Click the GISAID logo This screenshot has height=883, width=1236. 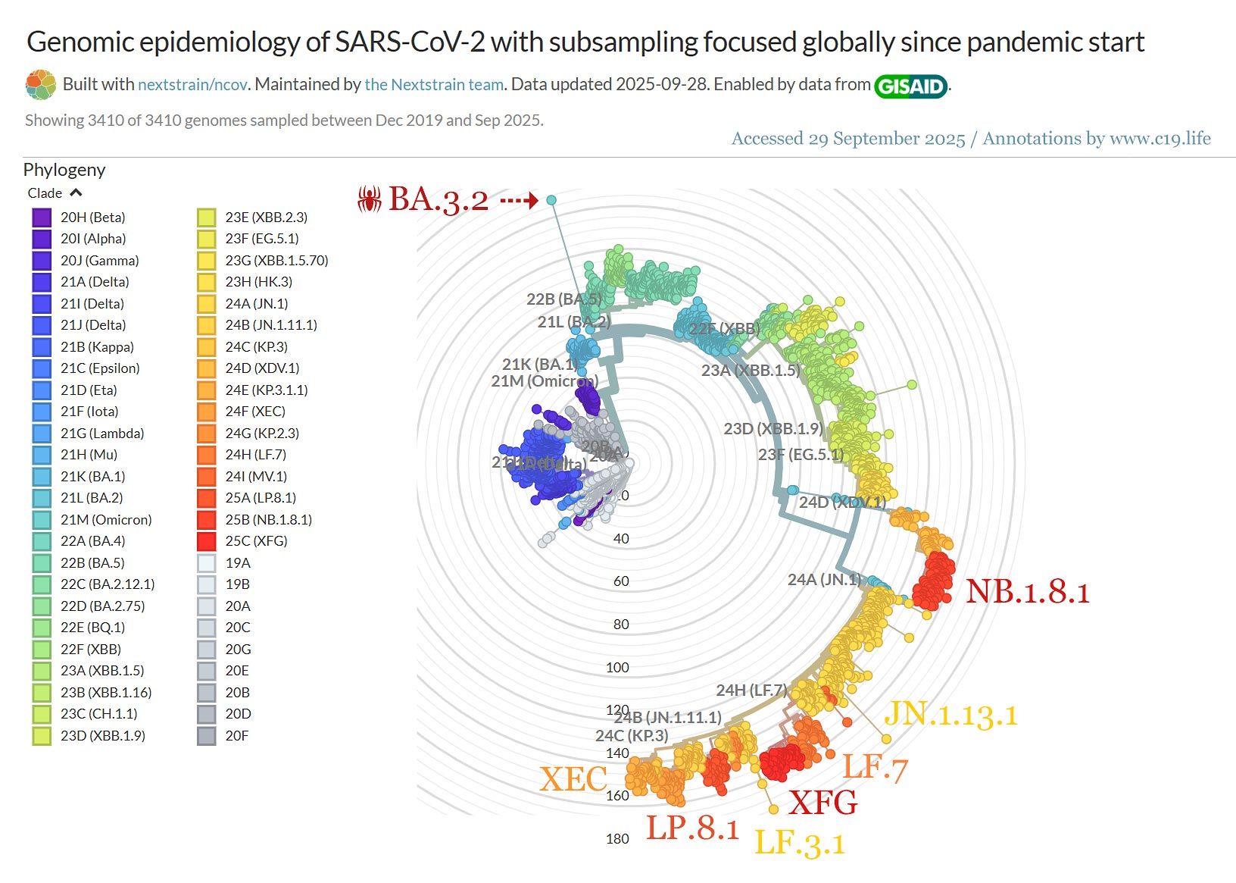point(911,86)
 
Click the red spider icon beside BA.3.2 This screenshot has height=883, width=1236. point(370,199)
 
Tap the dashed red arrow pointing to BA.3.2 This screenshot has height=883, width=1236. point(519,200)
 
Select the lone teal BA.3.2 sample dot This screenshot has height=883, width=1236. point(551,199)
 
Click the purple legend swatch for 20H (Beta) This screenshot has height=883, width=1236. point(42,218)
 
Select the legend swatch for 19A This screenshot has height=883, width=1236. point(206,563)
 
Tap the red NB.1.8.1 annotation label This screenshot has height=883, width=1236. point(1027,592)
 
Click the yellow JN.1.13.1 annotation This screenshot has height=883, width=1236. point(950,714)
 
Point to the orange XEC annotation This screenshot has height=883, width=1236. point(573,779)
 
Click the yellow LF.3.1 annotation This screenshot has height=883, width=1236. point(800,843)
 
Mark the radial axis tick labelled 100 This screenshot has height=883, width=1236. point(617,668)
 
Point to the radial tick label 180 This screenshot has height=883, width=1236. point(617,839)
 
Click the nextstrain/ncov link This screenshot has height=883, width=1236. point(192,85)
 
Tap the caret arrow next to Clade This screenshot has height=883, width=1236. point(76,193)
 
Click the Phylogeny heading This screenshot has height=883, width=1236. point(64,170)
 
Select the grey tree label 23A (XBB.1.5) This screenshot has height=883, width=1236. point(750,371)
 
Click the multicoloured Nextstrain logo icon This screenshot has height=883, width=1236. point(41,85)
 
